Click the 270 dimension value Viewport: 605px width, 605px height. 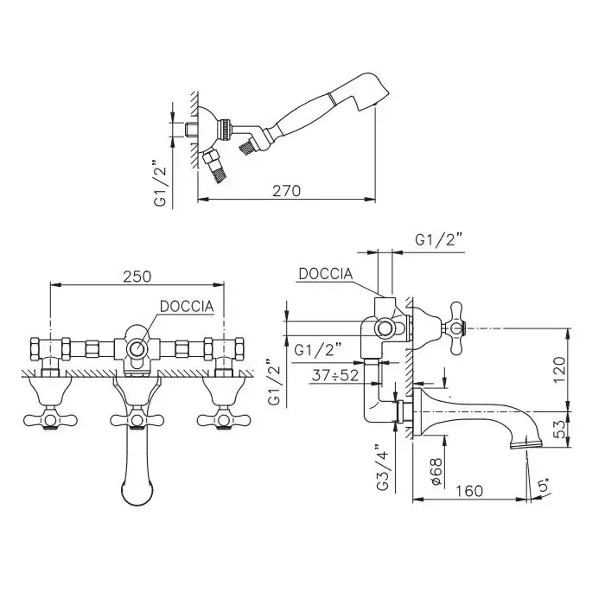[285, 191]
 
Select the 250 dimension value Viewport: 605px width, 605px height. [137, 277]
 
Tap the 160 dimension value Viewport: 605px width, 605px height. [470, 490]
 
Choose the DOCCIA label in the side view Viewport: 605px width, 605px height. [325, 273]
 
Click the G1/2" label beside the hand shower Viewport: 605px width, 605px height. [160, 181]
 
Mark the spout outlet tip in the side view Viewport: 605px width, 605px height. [528, 446]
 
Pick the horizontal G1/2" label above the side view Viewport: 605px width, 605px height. [441, 239]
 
